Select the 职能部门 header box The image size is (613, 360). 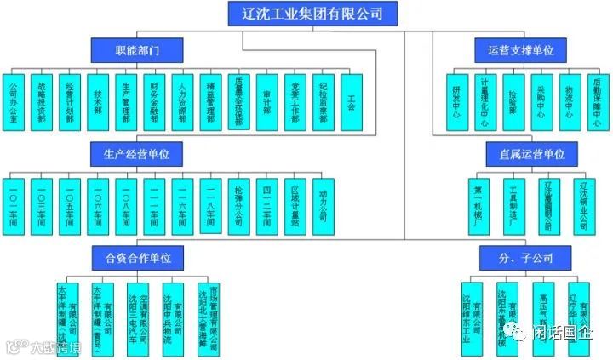137,50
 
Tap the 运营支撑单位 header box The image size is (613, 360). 519,50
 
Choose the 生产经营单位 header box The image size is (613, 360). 137,154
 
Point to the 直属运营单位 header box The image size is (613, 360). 519,154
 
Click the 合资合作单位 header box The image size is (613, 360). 137,256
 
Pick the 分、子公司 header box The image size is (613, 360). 519,256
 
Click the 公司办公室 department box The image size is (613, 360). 14,101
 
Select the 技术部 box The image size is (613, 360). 98,101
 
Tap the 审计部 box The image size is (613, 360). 266,101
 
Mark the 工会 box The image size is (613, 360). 351,101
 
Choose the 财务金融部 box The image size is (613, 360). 154,101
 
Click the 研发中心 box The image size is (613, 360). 457,101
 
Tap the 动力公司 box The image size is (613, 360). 322,204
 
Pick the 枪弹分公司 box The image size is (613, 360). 238,204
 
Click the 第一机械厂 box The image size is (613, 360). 478,204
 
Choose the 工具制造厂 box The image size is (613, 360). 513,204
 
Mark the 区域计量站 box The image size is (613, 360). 295,204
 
